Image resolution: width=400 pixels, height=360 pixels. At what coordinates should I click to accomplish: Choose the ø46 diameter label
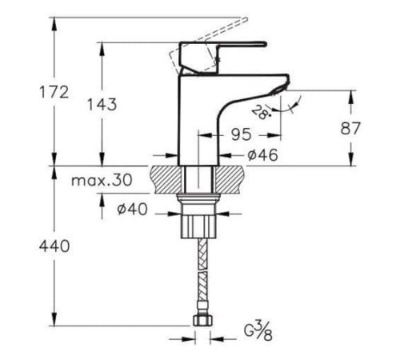[x=262, y=155]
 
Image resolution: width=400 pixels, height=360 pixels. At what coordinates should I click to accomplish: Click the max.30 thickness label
[x=101, y=181]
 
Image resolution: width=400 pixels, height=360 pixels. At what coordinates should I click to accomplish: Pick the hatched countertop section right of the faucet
[x=232, y=178]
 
